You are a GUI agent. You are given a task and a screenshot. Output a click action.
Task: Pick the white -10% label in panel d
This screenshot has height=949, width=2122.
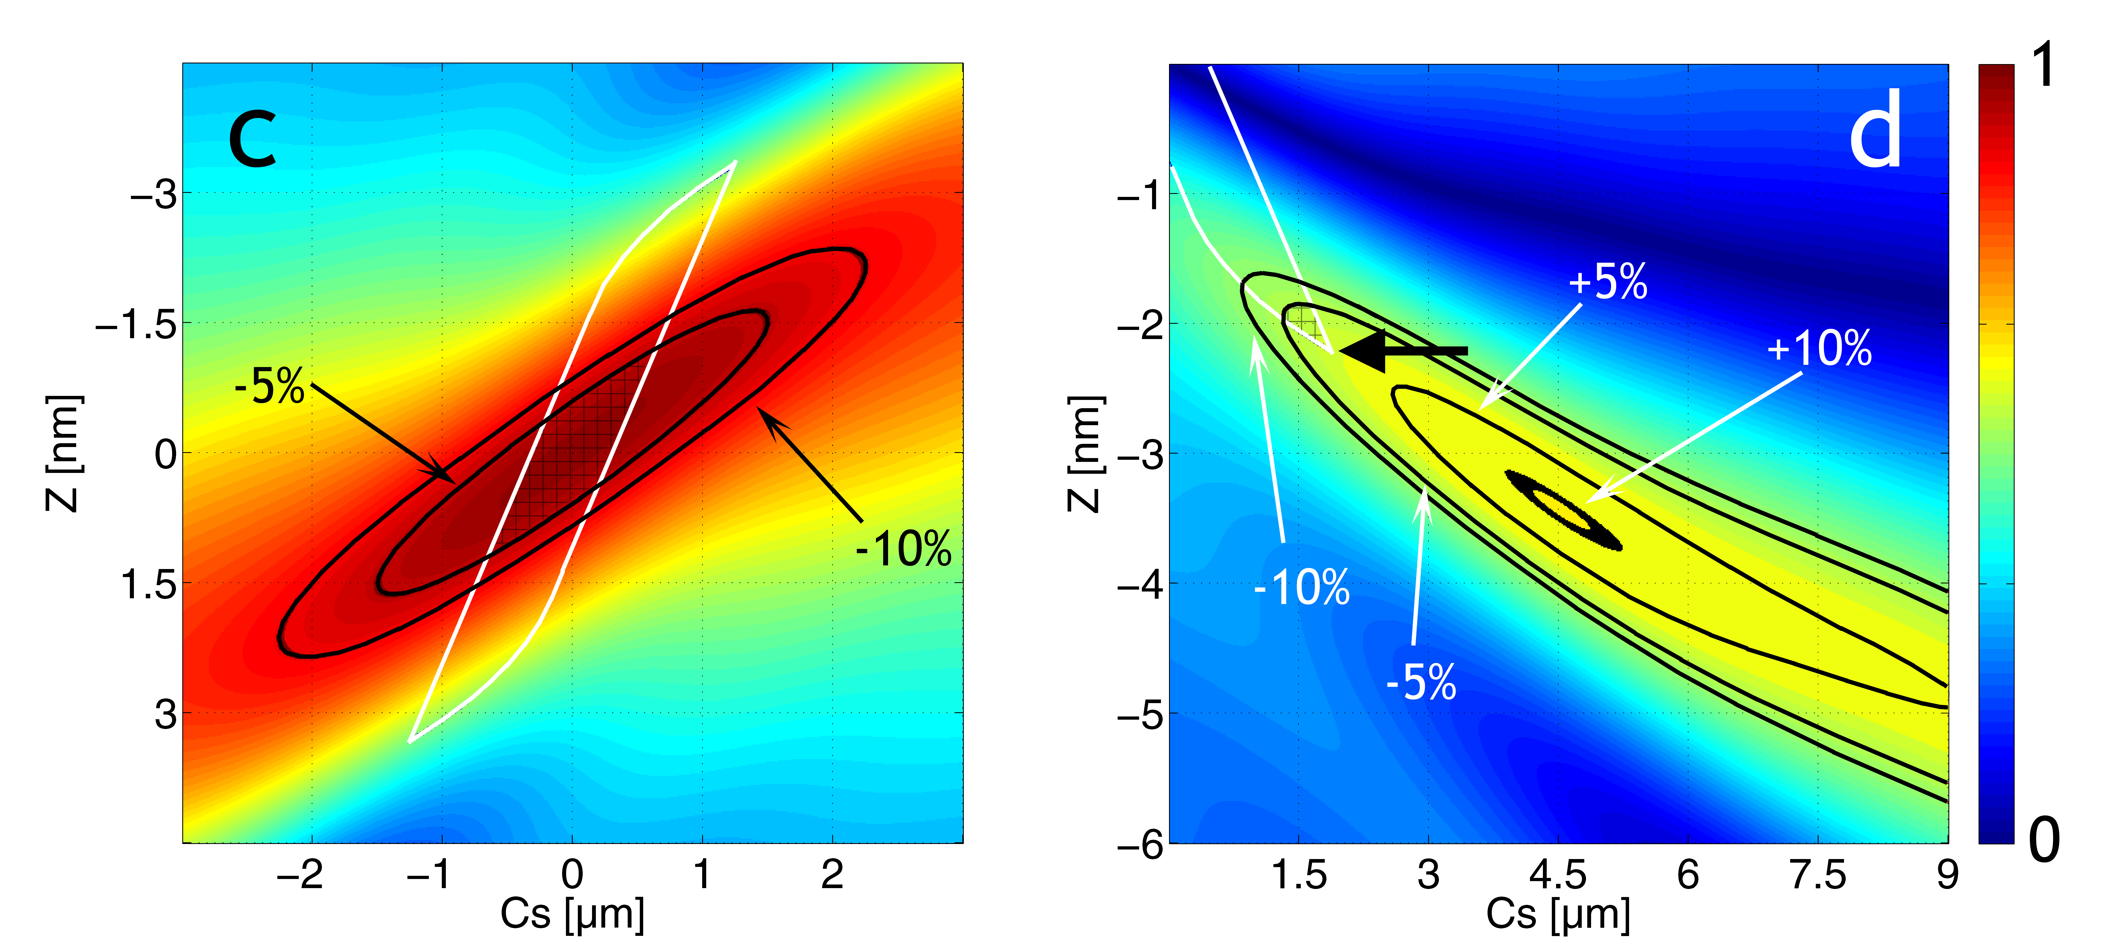1302,587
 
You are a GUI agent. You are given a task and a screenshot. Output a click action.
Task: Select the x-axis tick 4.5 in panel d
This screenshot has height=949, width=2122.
1558,875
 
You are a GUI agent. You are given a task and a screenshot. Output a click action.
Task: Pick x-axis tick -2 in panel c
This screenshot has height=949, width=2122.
300,875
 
